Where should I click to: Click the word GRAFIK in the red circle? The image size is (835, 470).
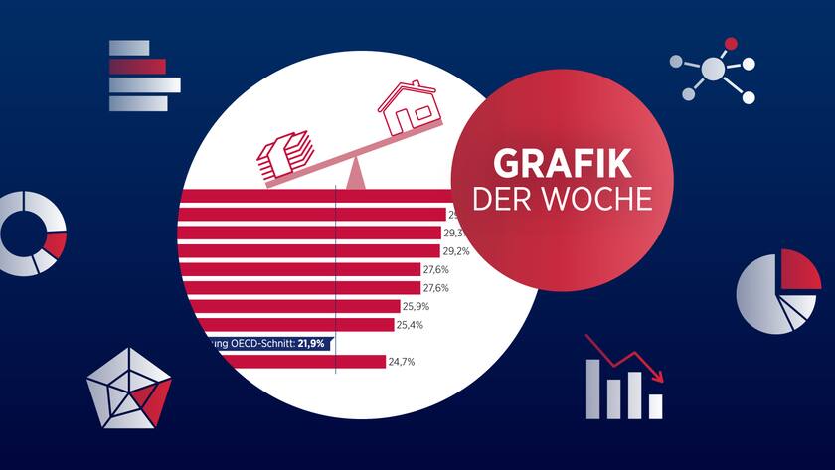562,164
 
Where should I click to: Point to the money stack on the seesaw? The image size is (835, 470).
286,156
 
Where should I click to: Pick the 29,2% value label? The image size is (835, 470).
456,251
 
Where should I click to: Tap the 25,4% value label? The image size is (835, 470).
410,324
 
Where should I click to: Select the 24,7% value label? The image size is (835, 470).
401,362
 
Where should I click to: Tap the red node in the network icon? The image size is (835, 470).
731,44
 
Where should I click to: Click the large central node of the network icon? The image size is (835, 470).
713,69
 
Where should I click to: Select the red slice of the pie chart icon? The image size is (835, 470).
799,267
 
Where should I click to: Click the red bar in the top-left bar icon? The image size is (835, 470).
137,67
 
